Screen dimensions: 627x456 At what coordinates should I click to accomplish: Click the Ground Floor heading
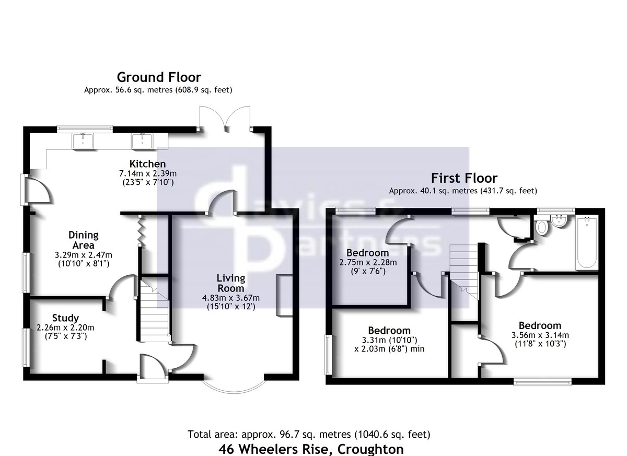tap(159, 77)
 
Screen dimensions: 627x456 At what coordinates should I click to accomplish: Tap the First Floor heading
tap(465, 178)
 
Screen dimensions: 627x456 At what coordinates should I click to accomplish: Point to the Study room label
tap(65, 318)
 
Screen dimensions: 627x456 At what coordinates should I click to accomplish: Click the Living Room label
tap(231, 283)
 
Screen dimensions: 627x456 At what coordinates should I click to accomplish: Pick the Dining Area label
tap(84, 240)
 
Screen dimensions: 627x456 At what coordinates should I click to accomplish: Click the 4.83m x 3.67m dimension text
tap(231, 298)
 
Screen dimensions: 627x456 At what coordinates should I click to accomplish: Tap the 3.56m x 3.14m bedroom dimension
tap(540, 335)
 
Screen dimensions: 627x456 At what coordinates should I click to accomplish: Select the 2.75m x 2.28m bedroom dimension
tap(368, 262)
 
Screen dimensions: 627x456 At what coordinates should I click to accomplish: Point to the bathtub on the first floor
tap(587, 242)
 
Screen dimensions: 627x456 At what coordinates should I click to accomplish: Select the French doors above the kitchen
tap(225, 119)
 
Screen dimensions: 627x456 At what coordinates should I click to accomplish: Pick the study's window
tap(26, 347)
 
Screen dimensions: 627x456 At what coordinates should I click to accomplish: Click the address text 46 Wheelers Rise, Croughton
tap(311, 449)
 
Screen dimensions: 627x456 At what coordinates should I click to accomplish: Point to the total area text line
tap(309, 434)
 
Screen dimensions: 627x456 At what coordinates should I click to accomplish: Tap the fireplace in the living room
tap(284, 296)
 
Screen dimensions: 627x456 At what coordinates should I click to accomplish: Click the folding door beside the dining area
tap(141, 231)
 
